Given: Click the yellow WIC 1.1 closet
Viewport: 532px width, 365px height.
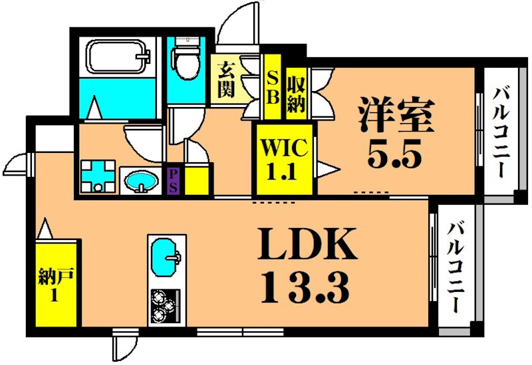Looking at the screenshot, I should point(285,159).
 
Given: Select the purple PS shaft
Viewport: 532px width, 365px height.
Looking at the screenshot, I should point(172,180).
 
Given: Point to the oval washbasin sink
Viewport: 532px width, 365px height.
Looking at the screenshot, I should point(141,181).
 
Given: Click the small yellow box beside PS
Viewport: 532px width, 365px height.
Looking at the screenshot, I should point(197,180).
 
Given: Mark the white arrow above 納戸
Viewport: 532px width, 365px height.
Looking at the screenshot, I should point(45,229).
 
